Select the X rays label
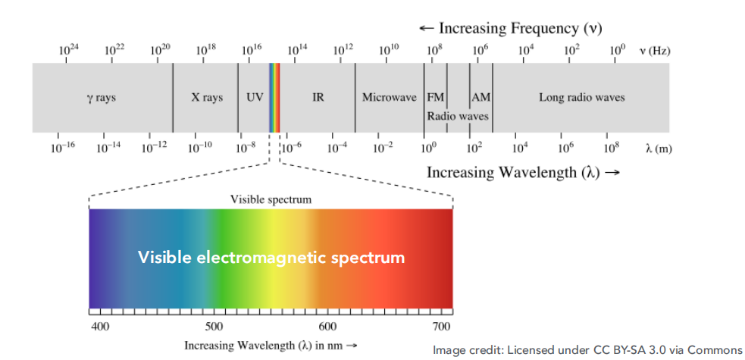[x=207, y=98]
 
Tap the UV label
[x=255, y=98]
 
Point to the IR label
[x=318, y=98]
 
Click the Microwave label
[x=390, y=98]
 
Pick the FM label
[x=436, y=98]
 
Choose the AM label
[x=481, y=98]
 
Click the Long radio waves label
[x=582, y=98]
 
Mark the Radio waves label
[x=458, y=117]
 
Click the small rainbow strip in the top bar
[x=274, y=98]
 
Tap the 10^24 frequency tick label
[x=69, y=50]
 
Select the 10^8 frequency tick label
[x=434, y=50]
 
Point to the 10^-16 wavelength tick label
[x=63, y=147]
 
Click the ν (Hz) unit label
[x=655, y=51]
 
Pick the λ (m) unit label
[x=659, y=149]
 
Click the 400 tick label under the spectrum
[x=100, y=327]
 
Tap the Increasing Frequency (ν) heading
[x=510, y=28]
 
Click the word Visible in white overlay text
[x=164, y=258]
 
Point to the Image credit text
[x=587, y=349]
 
